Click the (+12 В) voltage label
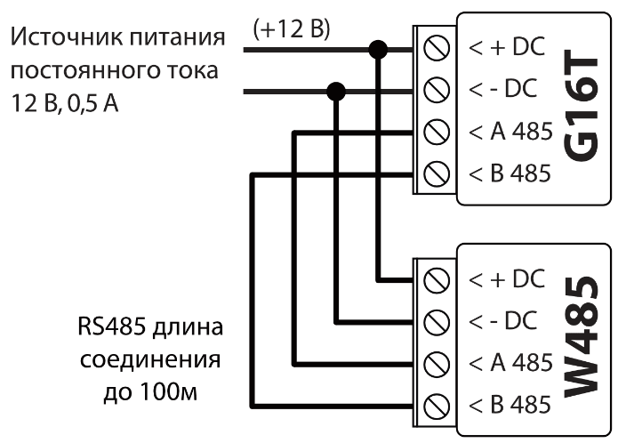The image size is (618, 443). [x=292, y=29]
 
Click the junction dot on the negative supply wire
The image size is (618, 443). [x=337, y=90]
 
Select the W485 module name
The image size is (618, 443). [x=582, y=342]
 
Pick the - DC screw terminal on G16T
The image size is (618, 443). [x=436, y=90]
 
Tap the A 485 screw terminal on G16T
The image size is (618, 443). [x=436, y=133]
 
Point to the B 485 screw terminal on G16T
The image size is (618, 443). [x=436, y=173]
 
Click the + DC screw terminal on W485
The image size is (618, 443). [x=436, y=278]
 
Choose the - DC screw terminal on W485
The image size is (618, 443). [x=436, y=320]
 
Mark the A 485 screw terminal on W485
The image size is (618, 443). [x=436, y=362]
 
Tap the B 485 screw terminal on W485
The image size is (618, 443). [x=436, y=404]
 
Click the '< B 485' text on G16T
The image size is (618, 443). [x=510, y=173]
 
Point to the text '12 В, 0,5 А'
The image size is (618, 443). [x=66, y=104]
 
